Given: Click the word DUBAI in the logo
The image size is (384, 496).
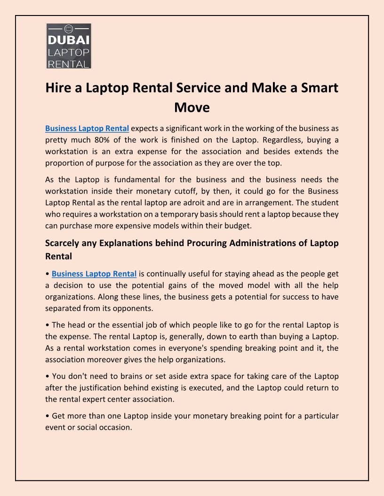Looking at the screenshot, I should click(x=69, y=40).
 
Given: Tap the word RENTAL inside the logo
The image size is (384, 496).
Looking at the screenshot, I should click(x=69, y=63).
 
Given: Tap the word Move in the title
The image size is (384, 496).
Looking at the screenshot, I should click(x=192, y=108).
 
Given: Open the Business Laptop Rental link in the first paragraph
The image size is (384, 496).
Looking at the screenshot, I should click(x=87, y=128).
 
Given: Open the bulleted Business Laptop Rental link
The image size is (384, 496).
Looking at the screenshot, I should click(x=94, y=274).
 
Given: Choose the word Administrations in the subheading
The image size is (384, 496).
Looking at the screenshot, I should click(x=251, y=243).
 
